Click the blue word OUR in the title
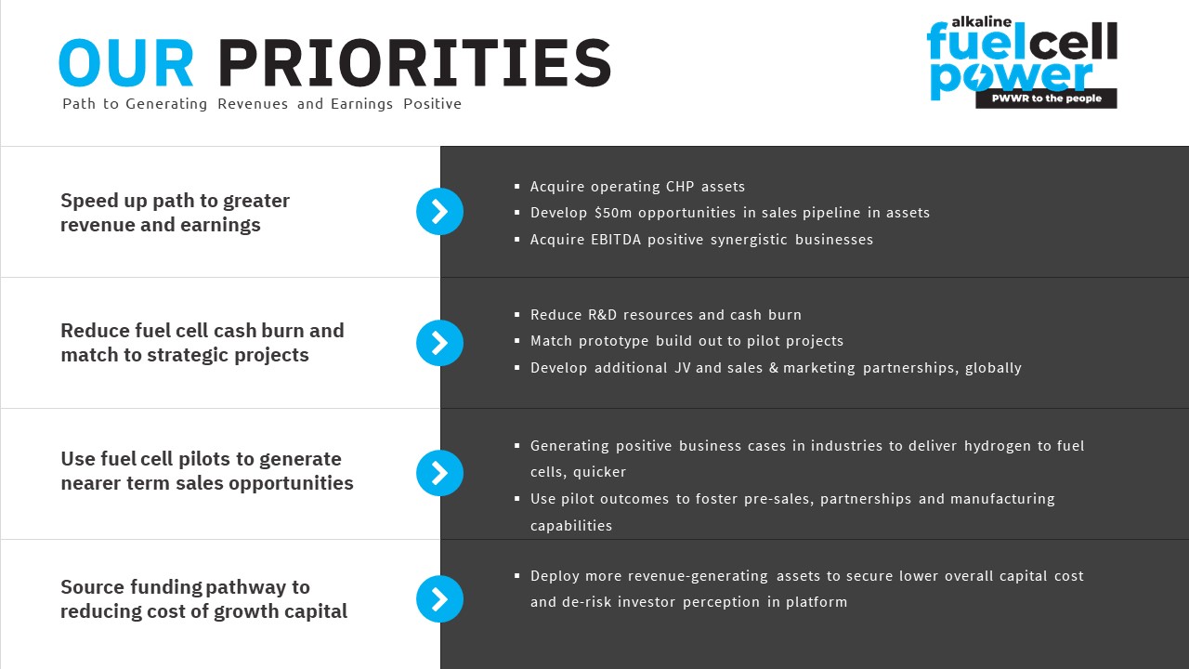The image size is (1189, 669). click(126, 62)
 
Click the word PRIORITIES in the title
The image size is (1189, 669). click(415, 62)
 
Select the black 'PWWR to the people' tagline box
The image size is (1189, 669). click(1046, 98)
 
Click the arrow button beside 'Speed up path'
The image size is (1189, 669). click(439, 211)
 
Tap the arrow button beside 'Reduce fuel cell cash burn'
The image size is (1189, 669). click(439, 343)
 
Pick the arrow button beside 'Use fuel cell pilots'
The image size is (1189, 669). click(439, 473)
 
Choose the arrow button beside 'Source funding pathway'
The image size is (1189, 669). click(439, 599)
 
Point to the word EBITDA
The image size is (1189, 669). click(616, 240)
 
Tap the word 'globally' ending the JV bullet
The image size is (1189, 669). click(993, 368)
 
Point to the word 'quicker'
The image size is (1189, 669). click(599, 472)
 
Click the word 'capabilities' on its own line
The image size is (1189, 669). click(571, 526)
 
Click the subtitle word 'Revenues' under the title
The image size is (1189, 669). click(253, 103)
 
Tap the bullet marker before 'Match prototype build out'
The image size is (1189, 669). click(517, 341)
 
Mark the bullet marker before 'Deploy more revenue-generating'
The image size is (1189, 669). click(517, 575)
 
